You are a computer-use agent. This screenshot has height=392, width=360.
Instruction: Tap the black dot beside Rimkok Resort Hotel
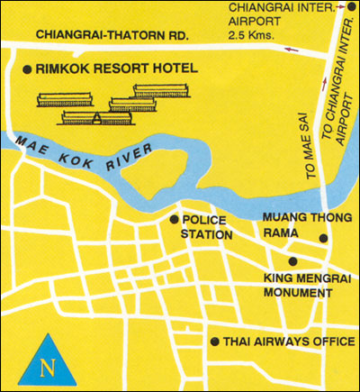[x=27, y=68]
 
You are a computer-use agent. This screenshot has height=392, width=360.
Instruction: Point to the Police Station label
[x=207, y=227]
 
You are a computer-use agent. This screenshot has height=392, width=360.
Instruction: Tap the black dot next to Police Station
[x=174, y=219]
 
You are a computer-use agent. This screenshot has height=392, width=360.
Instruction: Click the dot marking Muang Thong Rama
[x=324, y=239]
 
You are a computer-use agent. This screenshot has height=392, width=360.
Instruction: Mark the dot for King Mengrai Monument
[x=266, y=262]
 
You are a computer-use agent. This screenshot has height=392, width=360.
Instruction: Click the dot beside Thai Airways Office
[x=213, y=342]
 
